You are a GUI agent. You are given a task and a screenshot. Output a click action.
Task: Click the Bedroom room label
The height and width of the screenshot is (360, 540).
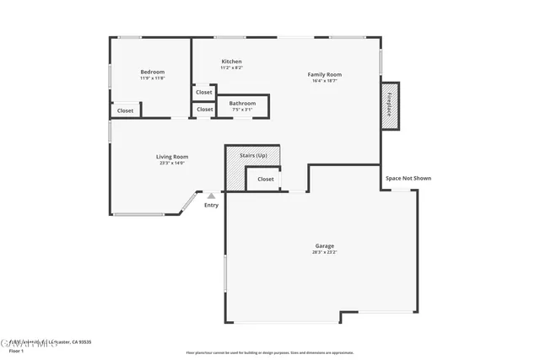click(152, 72)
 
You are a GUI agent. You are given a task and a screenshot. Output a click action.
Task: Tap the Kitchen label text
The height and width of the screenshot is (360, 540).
click(231, 62)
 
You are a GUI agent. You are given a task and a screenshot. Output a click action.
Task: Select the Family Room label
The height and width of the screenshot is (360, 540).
click(324, 74)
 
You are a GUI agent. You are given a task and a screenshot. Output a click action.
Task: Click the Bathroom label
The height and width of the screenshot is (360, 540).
click(242, 103)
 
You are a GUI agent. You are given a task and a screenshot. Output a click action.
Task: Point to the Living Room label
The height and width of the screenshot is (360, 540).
click(171, 157)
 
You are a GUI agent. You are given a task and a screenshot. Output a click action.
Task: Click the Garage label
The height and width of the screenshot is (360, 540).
click(324, 245)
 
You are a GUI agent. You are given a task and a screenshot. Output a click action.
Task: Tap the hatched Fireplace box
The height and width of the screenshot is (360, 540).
click(390, 105)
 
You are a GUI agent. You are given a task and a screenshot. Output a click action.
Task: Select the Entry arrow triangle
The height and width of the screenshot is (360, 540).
click(211, 196)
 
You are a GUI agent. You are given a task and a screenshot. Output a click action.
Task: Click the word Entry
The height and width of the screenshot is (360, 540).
click(211, 205)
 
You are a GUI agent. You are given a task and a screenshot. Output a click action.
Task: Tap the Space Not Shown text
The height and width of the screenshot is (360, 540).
click(408, 178)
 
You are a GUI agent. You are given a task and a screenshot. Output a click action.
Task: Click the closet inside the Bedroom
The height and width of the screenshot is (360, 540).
click(125, 110)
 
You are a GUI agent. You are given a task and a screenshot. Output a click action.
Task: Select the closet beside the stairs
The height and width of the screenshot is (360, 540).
click(265, 179)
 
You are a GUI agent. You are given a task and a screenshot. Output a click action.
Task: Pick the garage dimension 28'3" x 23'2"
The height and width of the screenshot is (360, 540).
click(324, 252)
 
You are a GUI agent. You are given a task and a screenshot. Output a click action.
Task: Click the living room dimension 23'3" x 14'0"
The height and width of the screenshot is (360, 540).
click(171, 164)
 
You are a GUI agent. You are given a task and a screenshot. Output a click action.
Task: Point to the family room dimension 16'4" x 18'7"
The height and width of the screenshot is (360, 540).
click(324, 81)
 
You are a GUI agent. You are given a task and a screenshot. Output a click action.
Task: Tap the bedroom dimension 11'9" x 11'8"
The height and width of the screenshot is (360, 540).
click(152, 78)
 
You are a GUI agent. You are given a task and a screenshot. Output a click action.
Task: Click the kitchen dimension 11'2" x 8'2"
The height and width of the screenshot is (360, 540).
click(231, 68)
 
